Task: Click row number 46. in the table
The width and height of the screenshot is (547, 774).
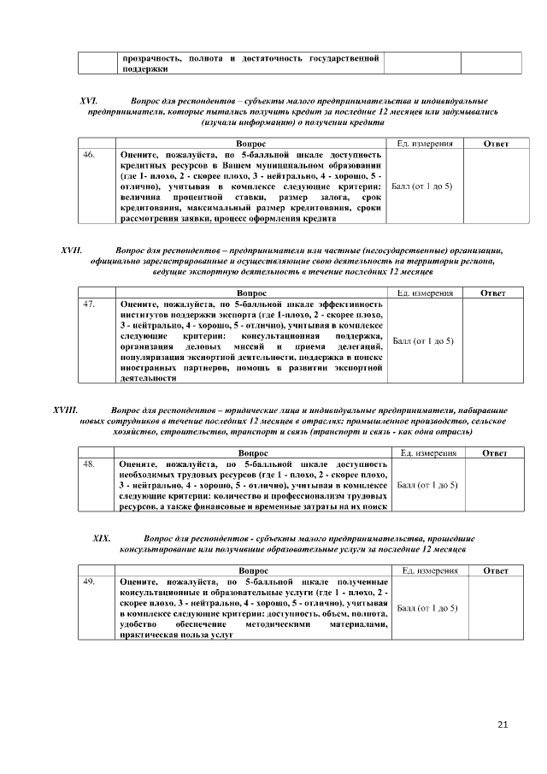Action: [x=89, y=156]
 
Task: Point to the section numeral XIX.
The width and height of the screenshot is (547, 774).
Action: [x=102, y=538]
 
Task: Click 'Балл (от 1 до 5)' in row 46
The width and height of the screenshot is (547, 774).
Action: [x=421, y=186]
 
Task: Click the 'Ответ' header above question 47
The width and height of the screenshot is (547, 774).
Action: [x=491, y=292]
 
